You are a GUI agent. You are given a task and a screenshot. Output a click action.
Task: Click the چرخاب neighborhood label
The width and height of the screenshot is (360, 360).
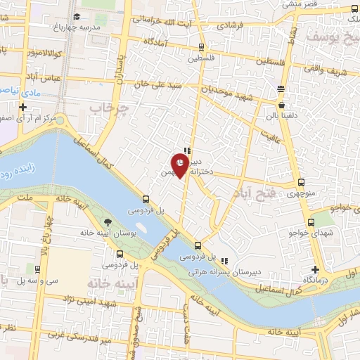pos(111,109)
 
